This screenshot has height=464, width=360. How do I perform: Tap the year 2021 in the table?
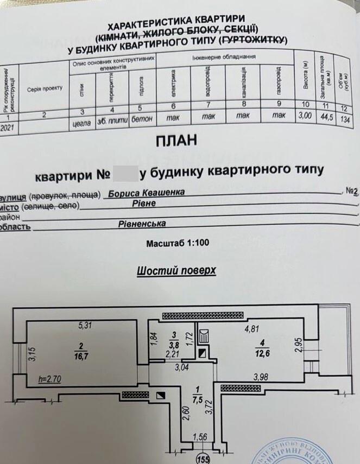[9, 128]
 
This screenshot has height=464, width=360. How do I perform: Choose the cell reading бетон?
[143, 117]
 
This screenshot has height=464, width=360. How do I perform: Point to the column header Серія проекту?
[45, 88]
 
